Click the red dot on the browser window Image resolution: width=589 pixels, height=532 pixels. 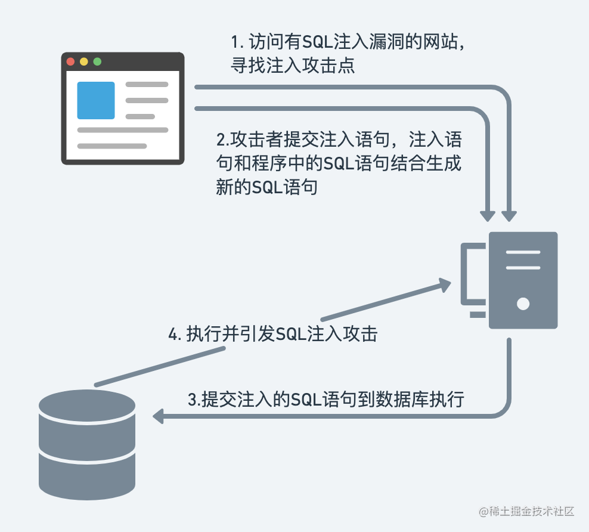pos(71,61)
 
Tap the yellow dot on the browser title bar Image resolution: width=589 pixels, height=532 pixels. pos(84,61)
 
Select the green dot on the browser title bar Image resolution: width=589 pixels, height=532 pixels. pos(97,61)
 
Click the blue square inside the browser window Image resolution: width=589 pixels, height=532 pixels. pos(96,100)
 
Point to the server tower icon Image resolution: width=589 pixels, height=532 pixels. pos(523,280)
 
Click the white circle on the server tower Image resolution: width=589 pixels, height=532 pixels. pos(523,304)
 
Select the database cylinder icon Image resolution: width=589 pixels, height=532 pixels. pos(87,444)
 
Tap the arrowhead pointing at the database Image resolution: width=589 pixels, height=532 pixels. pos(159,416)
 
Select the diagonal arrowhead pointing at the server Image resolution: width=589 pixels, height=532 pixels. pos(444,284)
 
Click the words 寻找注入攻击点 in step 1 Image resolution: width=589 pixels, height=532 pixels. pos(293,66)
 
